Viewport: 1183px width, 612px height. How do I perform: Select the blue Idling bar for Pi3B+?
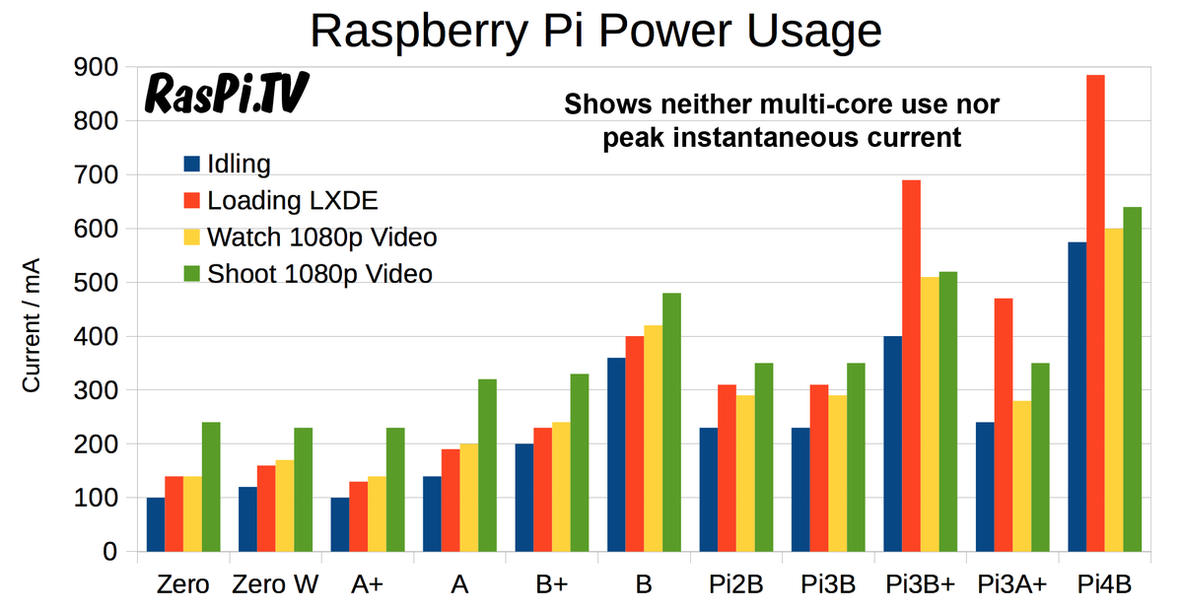pos(892,443)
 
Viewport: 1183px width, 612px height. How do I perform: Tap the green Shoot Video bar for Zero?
pos(211,487)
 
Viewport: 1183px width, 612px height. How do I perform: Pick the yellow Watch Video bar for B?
pos(653,439)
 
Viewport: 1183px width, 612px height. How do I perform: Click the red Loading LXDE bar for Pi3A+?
pos(1003,425)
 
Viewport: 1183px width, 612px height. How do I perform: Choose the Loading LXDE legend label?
pos(293,201)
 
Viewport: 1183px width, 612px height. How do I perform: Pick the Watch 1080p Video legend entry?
pos(321,238)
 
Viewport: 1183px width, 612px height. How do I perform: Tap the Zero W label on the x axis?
pos(275,584)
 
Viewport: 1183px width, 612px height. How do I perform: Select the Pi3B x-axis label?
pos(827,584)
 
